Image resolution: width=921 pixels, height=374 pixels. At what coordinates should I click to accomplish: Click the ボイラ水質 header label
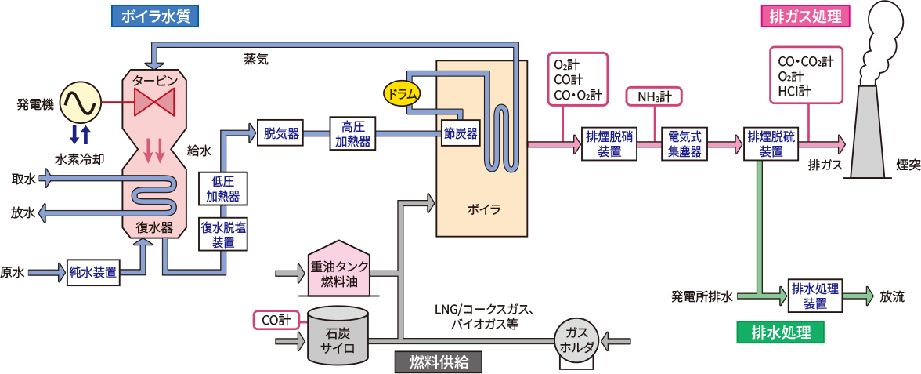coord(156,15)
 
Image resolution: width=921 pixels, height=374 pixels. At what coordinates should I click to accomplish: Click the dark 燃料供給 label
coord(437,361)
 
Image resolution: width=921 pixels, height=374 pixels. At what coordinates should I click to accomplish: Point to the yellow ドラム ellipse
coord(402,93)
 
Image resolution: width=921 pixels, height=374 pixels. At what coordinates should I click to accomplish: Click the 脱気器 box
coord(281,134)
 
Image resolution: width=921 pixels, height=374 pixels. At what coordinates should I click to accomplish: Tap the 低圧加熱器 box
coord(222,189)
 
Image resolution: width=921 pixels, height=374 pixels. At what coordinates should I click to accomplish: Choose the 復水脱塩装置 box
coord(222,234)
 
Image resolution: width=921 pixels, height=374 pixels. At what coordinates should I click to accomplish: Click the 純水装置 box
coord(93,273)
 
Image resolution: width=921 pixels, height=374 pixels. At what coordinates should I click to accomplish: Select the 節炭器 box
coord(460,134)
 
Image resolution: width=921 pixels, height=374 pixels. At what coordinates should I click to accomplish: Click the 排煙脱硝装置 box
coord(609,144)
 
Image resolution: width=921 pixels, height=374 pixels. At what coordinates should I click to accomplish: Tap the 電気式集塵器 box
coord(684,144)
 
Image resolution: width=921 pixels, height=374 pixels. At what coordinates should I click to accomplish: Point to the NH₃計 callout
coord(654,96)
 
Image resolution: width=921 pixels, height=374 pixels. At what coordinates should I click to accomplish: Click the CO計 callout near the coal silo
coord(276,319)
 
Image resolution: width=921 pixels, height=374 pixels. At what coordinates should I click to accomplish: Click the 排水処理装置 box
coord(815,296)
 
